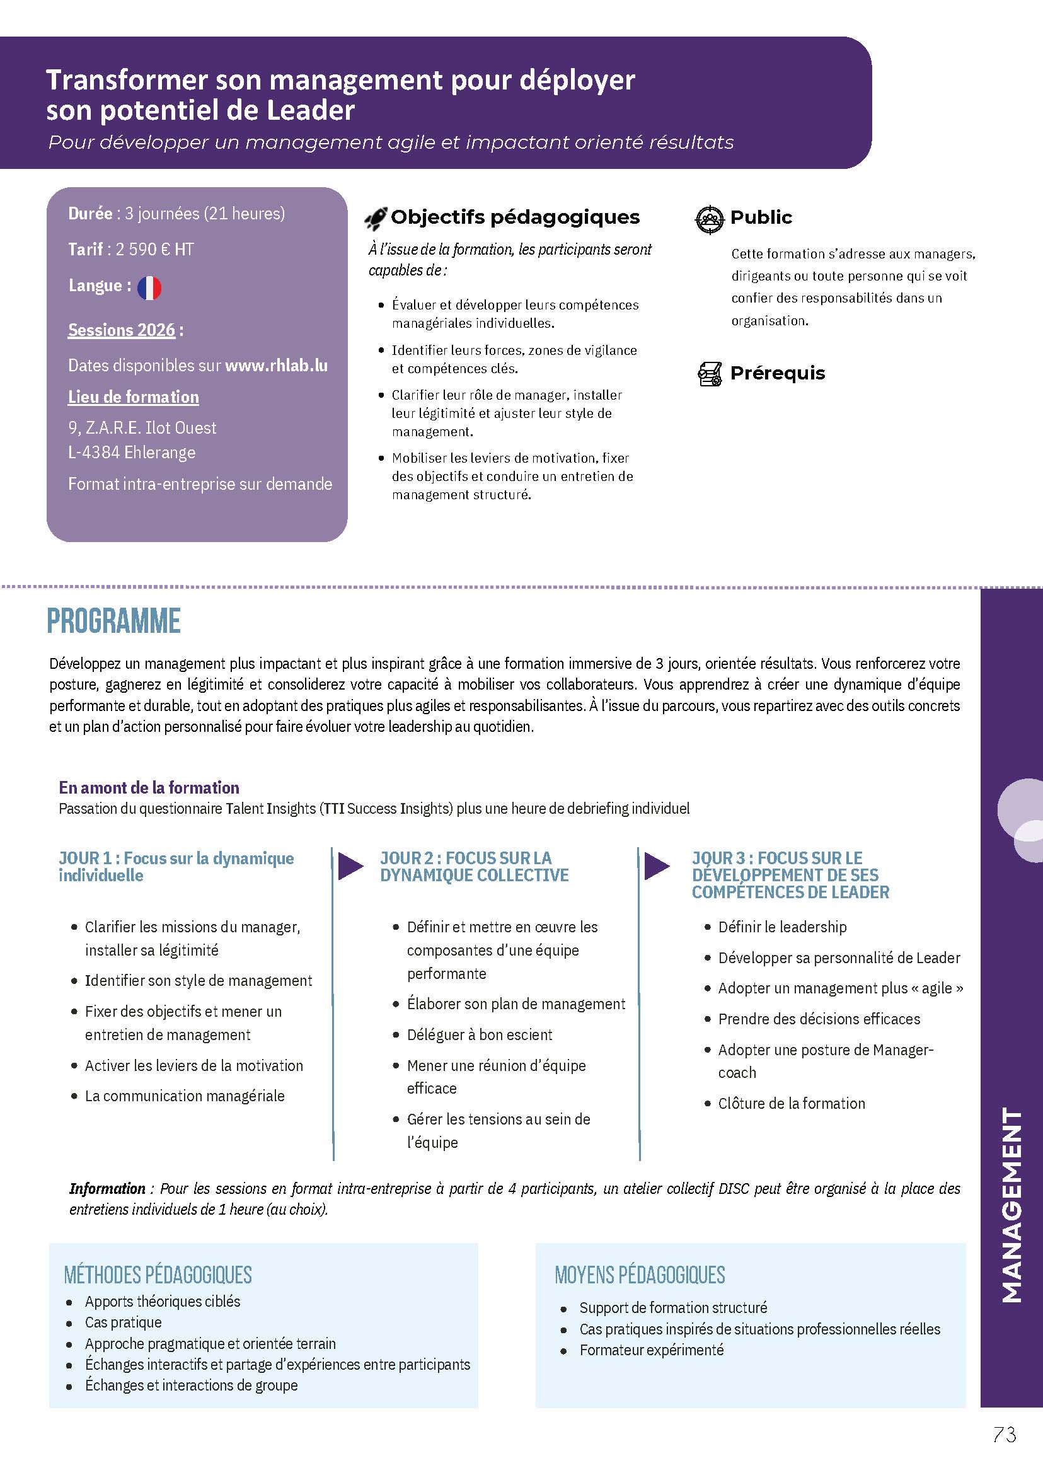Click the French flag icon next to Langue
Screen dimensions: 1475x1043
click(149, 287)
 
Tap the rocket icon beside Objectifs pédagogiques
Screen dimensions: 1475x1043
click(376, 219)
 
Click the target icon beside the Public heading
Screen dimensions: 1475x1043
click(710, 219)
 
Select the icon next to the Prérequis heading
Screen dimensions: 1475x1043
click(710, 374)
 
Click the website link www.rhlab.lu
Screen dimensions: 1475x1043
click(276, 366)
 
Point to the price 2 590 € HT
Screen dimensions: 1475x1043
click(154, 249)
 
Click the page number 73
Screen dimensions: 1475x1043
click(1005, 1435)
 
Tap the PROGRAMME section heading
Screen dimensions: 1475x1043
click(113, 622)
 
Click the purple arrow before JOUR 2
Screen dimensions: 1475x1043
click(350, 867)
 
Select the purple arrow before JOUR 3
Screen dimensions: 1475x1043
click(657, 867)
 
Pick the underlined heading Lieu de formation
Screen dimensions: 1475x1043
click(134, 397)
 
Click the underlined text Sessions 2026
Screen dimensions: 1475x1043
click(122, 330)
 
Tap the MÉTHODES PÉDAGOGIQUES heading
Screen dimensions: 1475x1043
click(158, 1275)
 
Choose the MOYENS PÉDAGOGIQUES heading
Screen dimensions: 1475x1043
click(640, 1275)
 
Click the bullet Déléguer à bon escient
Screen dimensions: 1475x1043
click(479, 1035)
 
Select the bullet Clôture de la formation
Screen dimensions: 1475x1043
click(792, 1104)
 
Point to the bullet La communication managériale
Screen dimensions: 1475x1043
click(185, 1096)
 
